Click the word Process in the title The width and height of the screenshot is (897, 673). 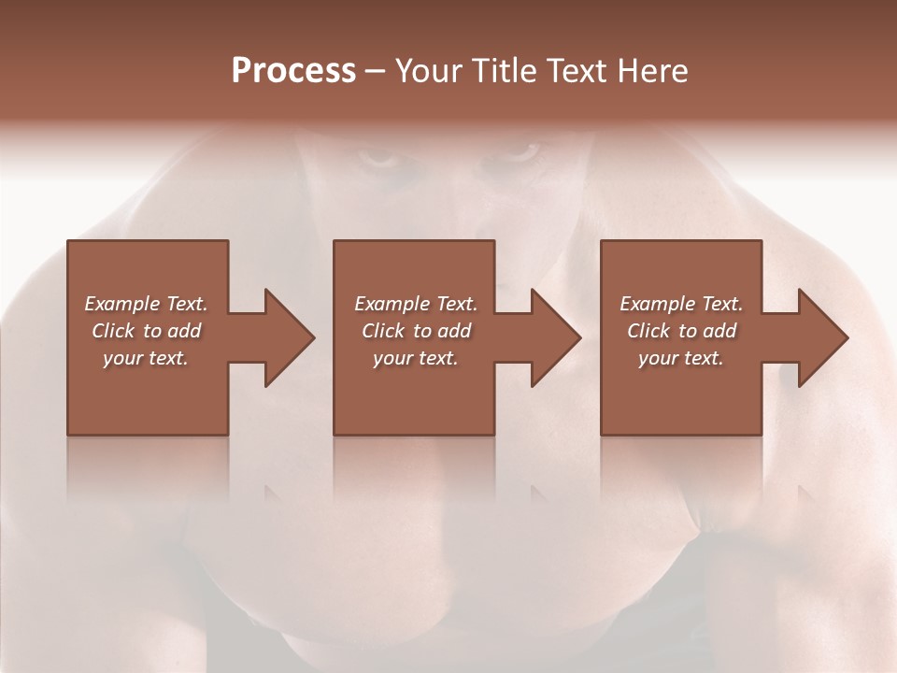(293, 71)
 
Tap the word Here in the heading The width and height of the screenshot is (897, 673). (653, 71)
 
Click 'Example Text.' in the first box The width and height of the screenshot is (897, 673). (146, 304)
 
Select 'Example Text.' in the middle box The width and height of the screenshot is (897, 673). (416, 304)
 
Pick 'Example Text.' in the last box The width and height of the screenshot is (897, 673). (681, 304)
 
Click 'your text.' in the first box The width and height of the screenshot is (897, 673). (146, 358)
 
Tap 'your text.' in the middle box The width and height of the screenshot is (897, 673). (416, 358)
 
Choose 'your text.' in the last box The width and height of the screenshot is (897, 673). (681, 358)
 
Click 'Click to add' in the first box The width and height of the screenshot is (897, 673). (146, 331)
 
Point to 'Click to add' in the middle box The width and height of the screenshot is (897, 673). (416, 331)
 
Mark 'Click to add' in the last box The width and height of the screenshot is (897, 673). (681, 331)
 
